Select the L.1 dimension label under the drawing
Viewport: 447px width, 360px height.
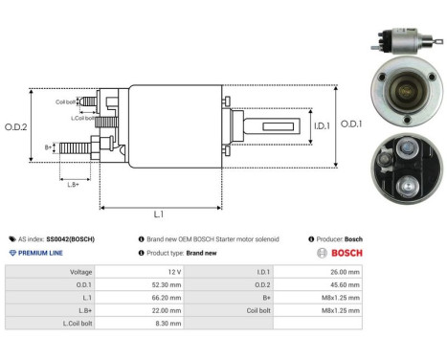pos(159,215)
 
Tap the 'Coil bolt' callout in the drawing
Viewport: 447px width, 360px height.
pos(65,101)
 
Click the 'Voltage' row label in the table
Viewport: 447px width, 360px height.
pos(80,272)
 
